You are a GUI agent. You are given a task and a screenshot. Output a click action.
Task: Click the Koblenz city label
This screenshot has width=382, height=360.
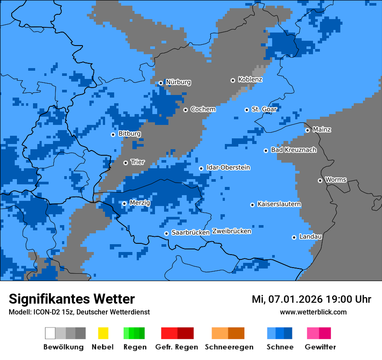250,80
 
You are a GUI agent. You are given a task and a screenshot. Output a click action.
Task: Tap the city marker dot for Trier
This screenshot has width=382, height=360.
125,163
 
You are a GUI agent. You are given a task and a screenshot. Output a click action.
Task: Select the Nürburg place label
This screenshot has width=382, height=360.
178,82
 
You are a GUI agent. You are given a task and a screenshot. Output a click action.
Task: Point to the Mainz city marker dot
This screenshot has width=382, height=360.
307,130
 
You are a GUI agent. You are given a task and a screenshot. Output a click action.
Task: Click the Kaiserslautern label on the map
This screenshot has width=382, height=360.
279,204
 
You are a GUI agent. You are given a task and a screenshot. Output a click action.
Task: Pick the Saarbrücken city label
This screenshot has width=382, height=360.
191,233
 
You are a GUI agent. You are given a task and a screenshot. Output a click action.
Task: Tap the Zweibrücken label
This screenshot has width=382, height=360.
231,232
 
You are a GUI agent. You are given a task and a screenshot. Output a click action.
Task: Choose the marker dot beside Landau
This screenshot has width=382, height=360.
294,237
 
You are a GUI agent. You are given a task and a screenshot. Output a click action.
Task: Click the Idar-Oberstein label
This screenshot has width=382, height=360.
228,168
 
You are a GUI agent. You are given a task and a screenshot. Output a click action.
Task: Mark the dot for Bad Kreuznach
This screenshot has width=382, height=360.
266,151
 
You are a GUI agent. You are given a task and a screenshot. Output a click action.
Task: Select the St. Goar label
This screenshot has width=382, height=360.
264,109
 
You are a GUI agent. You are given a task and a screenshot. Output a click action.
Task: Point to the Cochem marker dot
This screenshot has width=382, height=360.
185,110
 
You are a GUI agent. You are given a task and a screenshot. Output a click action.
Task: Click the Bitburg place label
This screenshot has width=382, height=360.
129,134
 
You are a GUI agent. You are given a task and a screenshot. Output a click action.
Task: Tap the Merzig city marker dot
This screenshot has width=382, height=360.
124,203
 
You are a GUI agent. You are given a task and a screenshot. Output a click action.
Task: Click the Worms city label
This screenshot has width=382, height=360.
336,180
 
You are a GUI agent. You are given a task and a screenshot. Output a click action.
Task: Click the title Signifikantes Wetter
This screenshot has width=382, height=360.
72,299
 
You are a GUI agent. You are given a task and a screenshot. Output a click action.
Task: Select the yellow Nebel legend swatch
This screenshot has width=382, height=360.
103,333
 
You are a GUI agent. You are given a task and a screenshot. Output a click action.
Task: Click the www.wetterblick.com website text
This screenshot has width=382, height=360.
313,312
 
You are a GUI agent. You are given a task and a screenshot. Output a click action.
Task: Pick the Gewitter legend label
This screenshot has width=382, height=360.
320,347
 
